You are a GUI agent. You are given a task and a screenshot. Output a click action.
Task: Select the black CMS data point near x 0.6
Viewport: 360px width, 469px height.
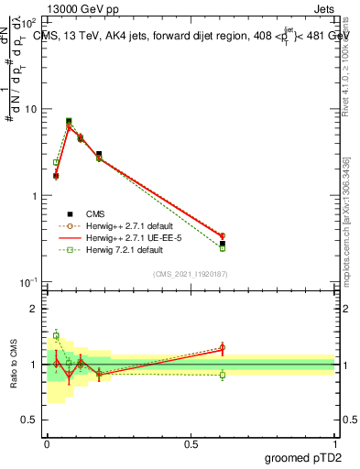(223, 244)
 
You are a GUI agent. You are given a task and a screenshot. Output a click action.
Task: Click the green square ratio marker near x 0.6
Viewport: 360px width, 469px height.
(223, 375)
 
